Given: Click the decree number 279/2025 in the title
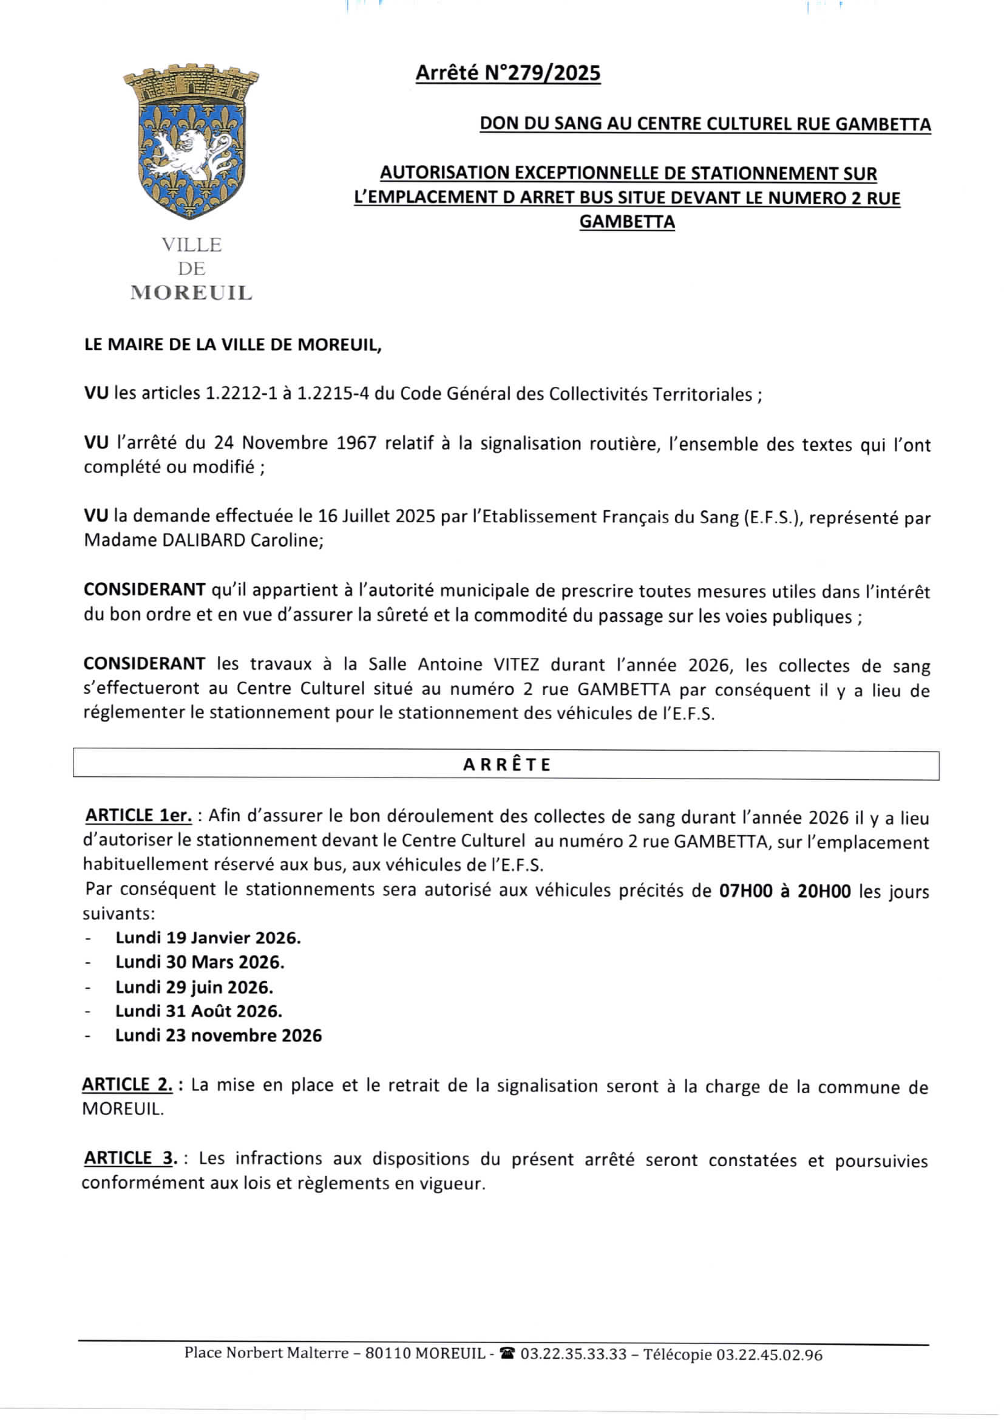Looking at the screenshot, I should [x=542, y=73].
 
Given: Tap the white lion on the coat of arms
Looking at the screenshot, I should [x=186, y=155].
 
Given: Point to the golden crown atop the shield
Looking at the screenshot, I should [x=191, y=83].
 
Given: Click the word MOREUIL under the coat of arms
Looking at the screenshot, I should [x=191, y=293].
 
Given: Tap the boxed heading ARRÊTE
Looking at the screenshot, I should [x=506, y=765].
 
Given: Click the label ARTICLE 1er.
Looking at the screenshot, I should [x=138, y=816].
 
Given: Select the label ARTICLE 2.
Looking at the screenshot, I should [x=127, y=1084].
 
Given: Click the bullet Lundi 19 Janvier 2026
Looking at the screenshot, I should [x=208, y=938].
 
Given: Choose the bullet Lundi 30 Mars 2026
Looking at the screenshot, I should [x=200, y=961].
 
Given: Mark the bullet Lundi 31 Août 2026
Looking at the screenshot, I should [x=198, y=1011].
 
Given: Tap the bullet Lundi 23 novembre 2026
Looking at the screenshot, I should [x=219, y=1036].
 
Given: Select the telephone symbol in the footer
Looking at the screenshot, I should [x=507, y=1354].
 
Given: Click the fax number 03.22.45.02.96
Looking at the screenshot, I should [x=769, y=1355].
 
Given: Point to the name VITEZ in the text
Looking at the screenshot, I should [x=516, y=664].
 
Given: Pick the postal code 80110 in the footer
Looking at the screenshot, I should [x=388, y=1353].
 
